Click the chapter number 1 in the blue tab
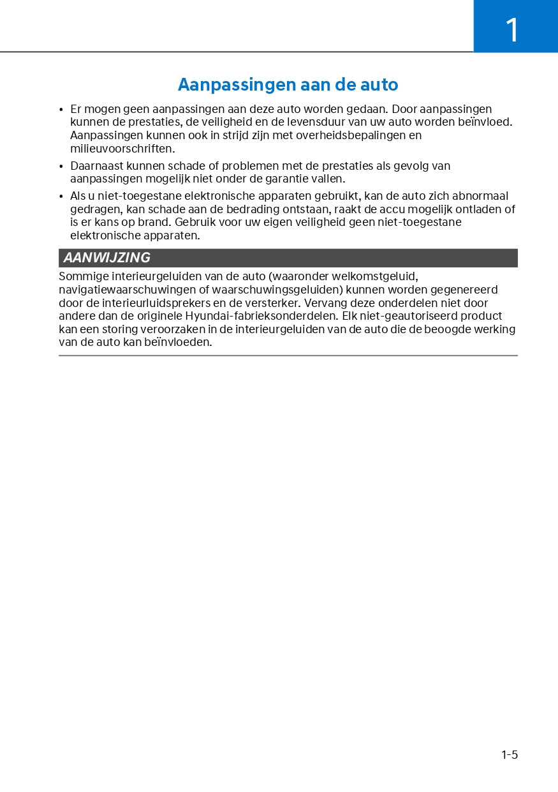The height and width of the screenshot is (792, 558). coord(512,30)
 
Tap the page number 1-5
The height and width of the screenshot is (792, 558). coord(510,755)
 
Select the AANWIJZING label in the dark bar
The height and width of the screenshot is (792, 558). coord(107,258)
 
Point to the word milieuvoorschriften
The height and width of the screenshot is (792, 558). coord(122,149)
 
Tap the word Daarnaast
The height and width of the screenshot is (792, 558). coord(97,166)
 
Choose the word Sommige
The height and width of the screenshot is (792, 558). coord(84,276)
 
